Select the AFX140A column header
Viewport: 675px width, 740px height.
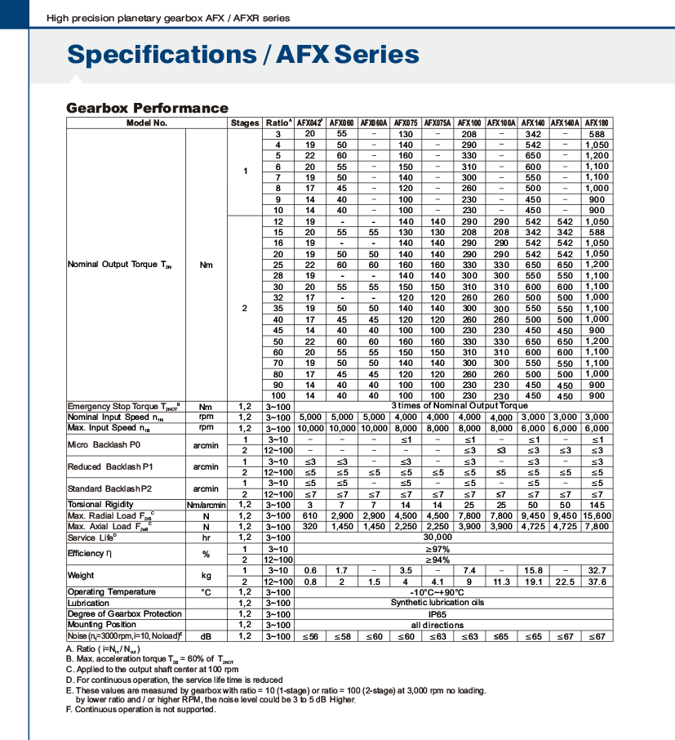565,123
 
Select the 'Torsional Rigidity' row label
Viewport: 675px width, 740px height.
100,505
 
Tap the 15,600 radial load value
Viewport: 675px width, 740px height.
597,515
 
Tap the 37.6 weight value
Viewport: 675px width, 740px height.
597,582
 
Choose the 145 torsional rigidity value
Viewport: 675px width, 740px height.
597,505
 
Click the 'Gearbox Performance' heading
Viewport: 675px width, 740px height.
147,108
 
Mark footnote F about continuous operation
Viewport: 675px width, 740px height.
141,709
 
